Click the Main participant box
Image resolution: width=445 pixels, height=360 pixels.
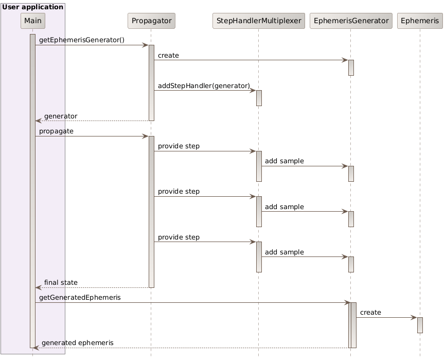[33, 21]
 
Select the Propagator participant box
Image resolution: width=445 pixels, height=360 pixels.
[151, 21]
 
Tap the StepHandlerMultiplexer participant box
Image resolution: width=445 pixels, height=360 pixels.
[259, 21]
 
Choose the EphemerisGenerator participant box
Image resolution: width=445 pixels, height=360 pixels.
[350, 21]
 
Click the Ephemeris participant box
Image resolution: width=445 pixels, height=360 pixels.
[420, 21]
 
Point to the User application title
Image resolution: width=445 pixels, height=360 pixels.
[33, 7]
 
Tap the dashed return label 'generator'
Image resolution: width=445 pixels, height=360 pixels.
[61, 116]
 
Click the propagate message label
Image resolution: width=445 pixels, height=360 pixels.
[56, 131]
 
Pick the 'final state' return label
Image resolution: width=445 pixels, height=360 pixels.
[61, 282]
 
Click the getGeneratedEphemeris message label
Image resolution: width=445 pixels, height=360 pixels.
[80, 298]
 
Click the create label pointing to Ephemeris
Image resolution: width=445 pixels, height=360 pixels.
[370, 313]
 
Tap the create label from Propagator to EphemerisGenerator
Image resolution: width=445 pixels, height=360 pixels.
[168, 55]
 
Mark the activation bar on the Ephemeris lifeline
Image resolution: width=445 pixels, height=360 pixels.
[420, 325]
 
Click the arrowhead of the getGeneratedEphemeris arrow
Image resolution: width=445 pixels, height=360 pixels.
[347, 302]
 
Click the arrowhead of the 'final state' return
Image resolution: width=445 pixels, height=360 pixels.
[38, 287]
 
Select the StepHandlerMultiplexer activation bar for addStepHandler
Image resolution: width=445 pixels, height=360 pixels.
[259, 98]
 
